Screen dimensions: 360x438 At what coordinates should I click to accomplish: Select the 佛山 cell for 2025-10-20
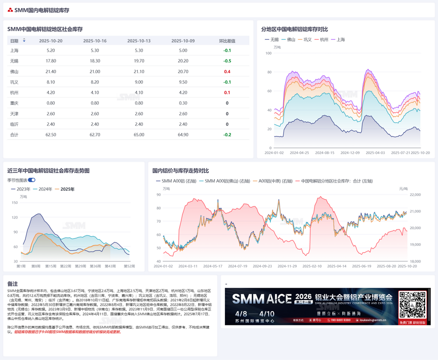click(x=50, y=71)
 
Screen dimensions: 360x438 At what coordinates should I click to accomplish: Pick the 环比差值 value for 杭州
click(x=227, y=92)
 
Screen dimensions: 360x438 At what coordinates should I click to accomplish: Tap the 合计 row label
click(x=14, y=135)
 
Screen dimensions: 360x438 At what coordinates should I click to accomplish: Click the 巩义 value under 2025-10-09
click(x=183, y=82)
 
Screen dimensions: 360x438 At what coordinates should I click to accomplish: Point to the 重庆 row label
click(x=14, y=103)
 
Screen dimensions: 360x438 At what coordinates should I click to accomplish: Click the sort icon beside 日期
click(x=24, y=40)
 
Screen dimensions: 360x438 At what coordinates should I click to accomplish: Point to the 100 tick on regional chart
click(x=269, y=53)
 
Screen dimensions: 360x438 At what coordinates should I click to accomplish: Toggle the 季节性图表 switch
click(x=31, y=180)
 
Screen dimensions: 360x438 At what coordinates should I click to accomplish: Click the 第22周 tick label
click(x=65, y=266)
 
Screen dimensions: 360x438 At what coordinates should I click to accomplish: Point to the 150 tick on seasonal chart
click(x=15, y=203)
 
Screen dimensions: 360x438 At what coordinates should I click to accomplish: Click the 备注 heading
click(x=12, y=283)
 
